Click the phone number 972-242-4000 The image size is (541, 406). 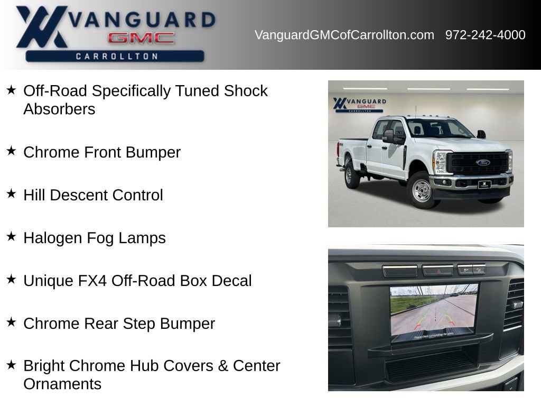click(x=485, y=35)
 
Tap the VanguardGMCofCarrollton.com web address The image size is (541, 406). click(x=344, y=35)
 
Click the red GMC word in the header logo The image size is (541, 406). click(x=141, y=38)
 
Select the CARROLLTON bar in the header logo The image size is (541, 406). click(x=116, y=56)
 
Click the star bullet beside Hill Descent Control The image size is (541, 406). click(x=11, y=193)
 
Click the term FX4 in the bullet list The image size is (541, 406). click(x=92, y=281)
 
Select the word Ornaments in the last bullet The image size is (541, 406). click(x=62, y=384)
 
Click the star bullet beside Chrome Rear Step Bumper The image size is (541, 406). click(x=11, y=322)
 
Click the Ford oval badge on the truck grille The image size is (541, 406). click(x=483, y=162)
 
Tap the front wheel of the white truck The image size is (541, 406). click(x=422, y=191)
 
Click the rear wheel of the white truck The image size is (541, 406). click(x=351, y=176)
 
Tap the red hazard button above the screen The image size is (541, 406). click(x=437, y=270)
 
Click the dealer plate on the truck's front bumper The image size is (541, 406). click(x=484, y=184)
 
